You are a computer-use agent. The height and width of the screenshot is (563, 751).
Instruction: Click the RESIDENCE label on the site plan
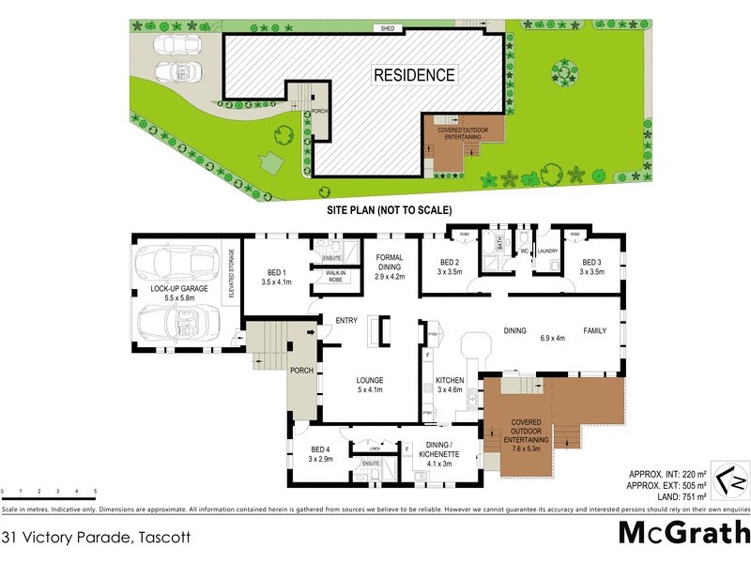click(x=414, y=75)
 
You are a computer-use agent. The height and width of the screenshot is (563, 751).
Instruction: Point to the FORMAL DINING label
click(x=389, y=267)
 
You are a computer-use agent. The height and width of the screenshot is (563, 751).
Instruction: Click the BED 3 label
click(x=591, y=266)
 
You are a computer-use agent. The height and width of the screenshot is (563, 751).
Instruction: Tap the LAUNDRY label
click(x=548, y=251)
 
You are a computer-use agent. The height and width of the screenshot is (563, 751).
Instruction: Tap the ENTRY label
click(x=346, y=322)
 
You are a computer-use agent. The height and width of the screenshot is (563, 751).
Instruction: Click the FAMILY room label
click(x=595, y=331)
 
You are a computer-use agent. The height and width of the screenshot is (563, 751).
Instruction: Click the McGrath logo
click(x=683, y=533)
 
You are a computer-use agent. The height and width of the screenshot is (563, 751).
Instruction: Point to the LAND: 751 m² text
click(x=667, y=495)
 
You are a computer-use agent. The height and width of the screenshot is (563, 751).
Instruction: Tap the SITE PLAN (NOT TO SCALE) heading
click(x=389, y=210)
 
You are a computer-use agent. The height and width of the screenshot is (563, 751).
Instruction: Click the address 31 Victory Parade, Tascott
click(x=97, y=538)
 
